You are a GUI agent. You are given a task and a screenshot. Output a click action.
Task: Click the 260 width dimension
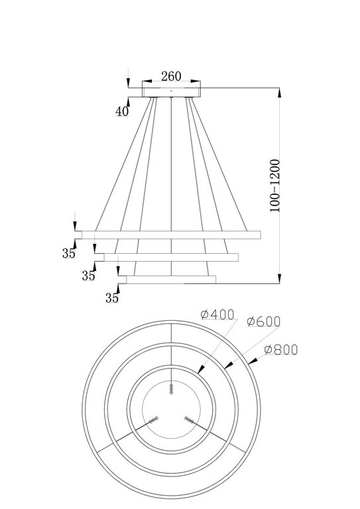171,76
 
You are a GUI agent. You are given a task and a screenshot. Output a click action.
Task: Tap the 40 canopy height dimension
121,111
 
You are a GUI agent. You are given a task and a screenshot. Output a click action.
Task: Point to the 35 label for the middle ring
88,276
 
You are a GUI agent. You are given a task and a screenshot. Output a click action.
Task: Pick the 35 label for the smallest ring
111,298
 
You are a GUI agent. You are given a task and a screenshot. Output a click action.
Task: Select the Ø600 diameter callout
263,321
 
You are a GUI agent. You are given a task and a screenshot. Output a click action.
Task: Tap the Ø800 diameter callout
280,349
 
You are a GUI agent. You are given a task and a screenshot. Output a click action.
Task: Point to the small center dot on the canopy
171,90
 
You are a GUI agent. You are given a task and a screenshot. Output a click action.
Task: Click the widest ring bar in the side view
169,235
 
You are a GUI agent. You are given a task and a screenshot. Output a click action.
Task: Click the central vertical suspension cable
171,166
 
